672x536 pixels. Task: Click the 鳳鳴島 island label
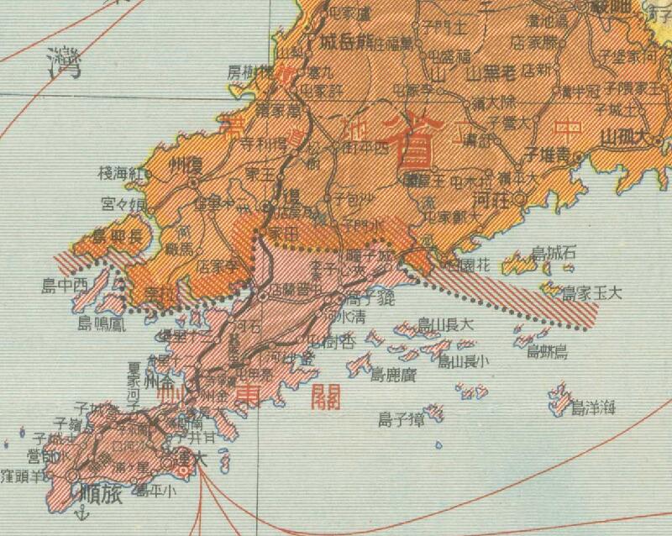pos(100,323)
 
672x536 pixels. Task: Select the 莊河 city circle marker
pos(520,199)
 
